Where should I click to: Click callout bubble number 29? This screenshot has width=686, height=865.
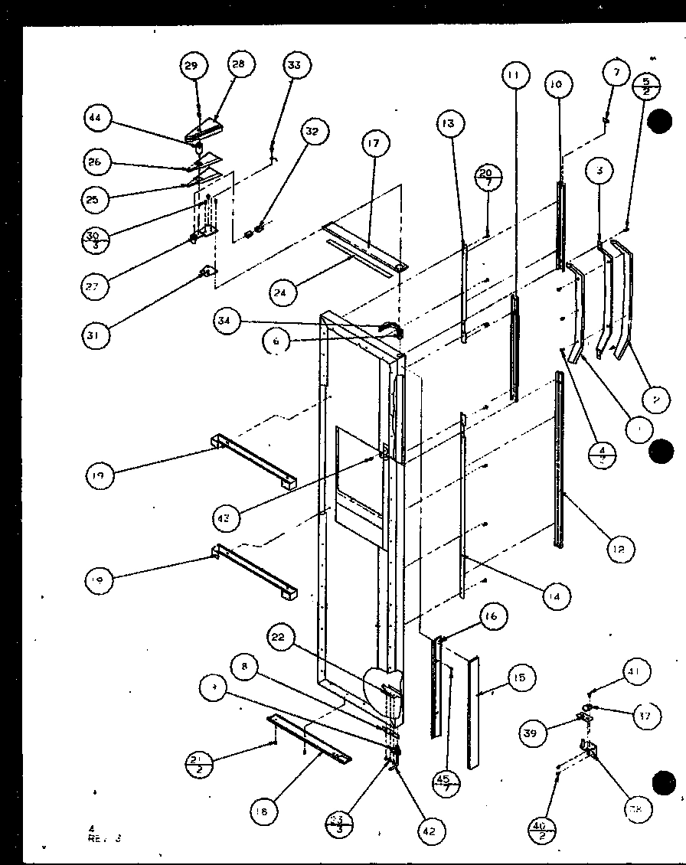click(191, 67)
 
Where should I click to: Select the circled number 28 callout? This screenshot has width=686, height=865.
click(238, 65)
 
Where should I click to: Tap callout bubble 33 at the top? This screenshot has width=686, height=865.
click(293, 66)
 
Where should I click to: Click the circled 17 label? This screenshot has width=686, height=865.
click(373, 144)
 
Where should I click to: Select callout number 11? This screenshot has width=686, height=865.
click(514, 75)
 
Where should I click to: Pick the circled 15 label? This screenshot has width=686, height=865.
click(520, 678)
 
